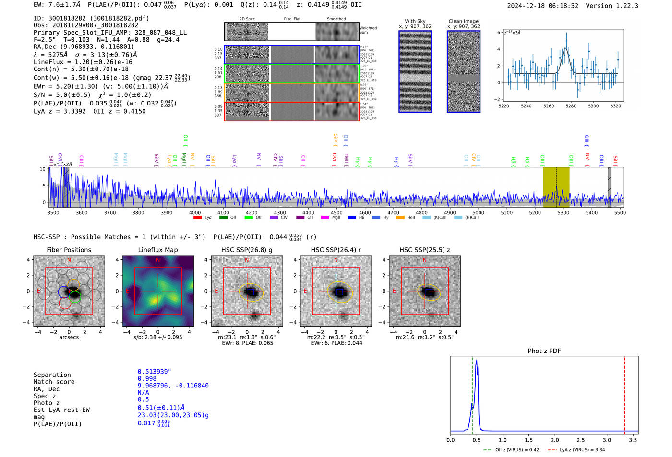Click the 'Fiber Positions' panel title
(x=69, y=250)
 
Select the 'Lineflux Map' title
(x=158, y=250)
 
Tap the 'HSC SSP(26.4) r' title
(x=336, y=250)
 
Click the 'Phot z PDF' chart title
(x=544, y=351)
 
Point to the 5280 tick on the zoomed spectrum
(x=571, y=106)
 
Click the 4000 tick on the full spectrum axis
(x=195, y=212)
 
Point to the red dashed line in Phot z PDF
(x=625, y=393)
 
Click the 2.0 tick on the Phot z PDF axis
(x=555, y=440)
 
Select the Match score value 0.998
(x=147, y=378)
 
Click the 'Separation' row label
(x=52, y=375)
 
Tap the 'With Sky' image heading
(x=415, y=21)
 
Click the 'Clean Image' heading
(x=464, y=21)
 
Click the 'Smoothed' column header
(x=336, y=19)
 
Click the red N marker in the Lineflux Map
(x=158, y=260)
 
